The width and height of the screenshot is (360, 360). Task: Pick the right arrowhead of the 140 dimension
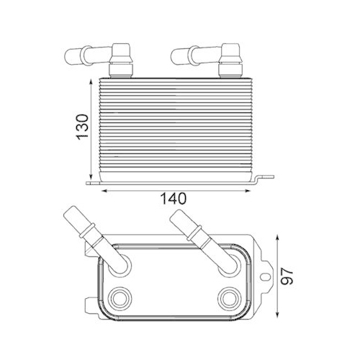pos(251,190)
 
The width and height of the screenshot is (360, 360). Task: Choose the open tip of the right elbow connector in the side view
pos(176,54)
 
